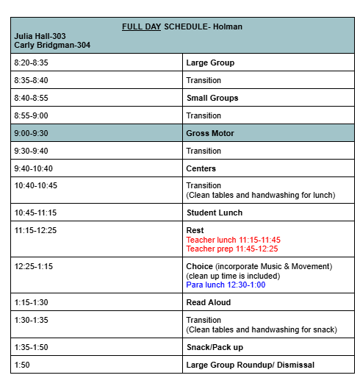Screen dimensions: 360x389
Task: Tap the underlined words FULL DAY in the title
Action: tap(141, 27)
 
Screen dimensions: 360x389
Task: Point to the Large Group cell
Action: tap(210, 63)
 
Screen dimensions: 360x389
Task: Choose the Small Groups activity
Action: tap(212, 98)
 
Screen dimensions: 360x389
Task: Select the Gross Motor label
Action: tap(210, 133)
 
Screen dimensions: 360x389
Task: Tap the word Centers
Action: tap(201, 168)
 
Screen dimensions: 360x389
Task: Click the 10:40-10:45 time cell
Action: tap(36, 185)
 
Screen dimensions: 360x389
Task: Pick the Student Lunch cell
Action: tap(215, 213)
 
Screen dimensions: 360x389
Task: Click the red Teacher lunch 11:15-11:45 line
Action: tap(233, 240)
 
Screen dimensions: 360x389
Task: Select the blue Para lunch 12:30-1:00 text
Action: tap(226, 285)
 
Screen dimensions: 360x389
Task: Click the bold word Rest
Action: tap(195, 230)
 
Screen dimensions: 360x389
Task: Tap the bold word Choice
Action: tap(200, 266)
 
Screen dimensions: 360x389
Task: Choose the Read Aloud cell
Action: tap(209, 302)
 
